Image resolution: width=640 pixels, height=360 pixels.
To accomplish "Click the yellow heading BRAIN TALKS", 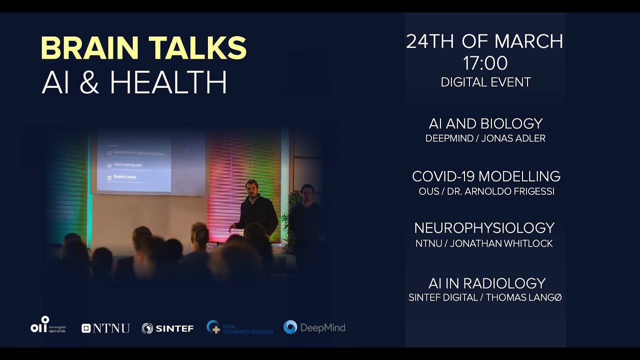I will tap(143, 48).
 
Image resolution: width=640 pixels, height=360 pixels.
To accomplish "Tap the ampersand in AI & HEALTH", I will tap(89, 82).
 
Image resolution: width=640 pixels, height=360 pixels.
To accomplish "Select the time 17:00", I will tap(485, 63).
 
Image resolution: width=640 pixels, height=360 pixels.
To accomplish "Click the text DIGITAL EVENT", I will tap(485, 82).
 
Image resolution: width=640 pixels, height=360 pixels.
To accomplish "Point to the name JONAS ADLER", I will tap(513, 138).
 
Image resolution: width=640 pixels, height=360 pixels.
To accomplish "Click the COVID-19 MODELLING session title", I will tap(486, 176).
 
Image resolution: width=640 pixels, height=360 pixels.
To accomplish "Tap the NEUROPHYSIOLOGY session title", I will tap(484, 228).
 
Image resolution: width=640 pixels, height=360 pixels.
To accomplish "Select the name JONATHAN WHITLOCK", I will tap(501, 243).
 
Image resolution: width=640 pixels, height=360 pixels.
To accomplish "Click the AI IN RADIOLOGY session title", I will tap(486, 283).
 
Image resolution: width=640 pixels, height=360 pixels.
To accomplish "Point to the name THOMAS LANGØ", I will tap(523, 297).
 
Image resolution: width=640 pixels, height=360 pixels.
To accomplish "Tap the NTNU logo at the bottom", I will tap(105, 328).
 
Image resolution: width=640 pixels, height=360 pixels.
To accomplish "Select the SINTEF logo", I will tap(167, 328).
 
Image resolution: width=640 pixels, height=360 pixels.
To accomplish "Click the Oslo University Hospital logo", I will tap(240, 328).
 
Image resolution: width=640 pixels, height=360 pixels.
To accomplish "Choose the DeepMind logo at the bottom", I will tap(314, 327).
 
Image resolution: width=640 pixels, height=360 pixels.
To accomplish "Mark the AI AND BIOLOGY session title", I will tap(485, 123).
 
